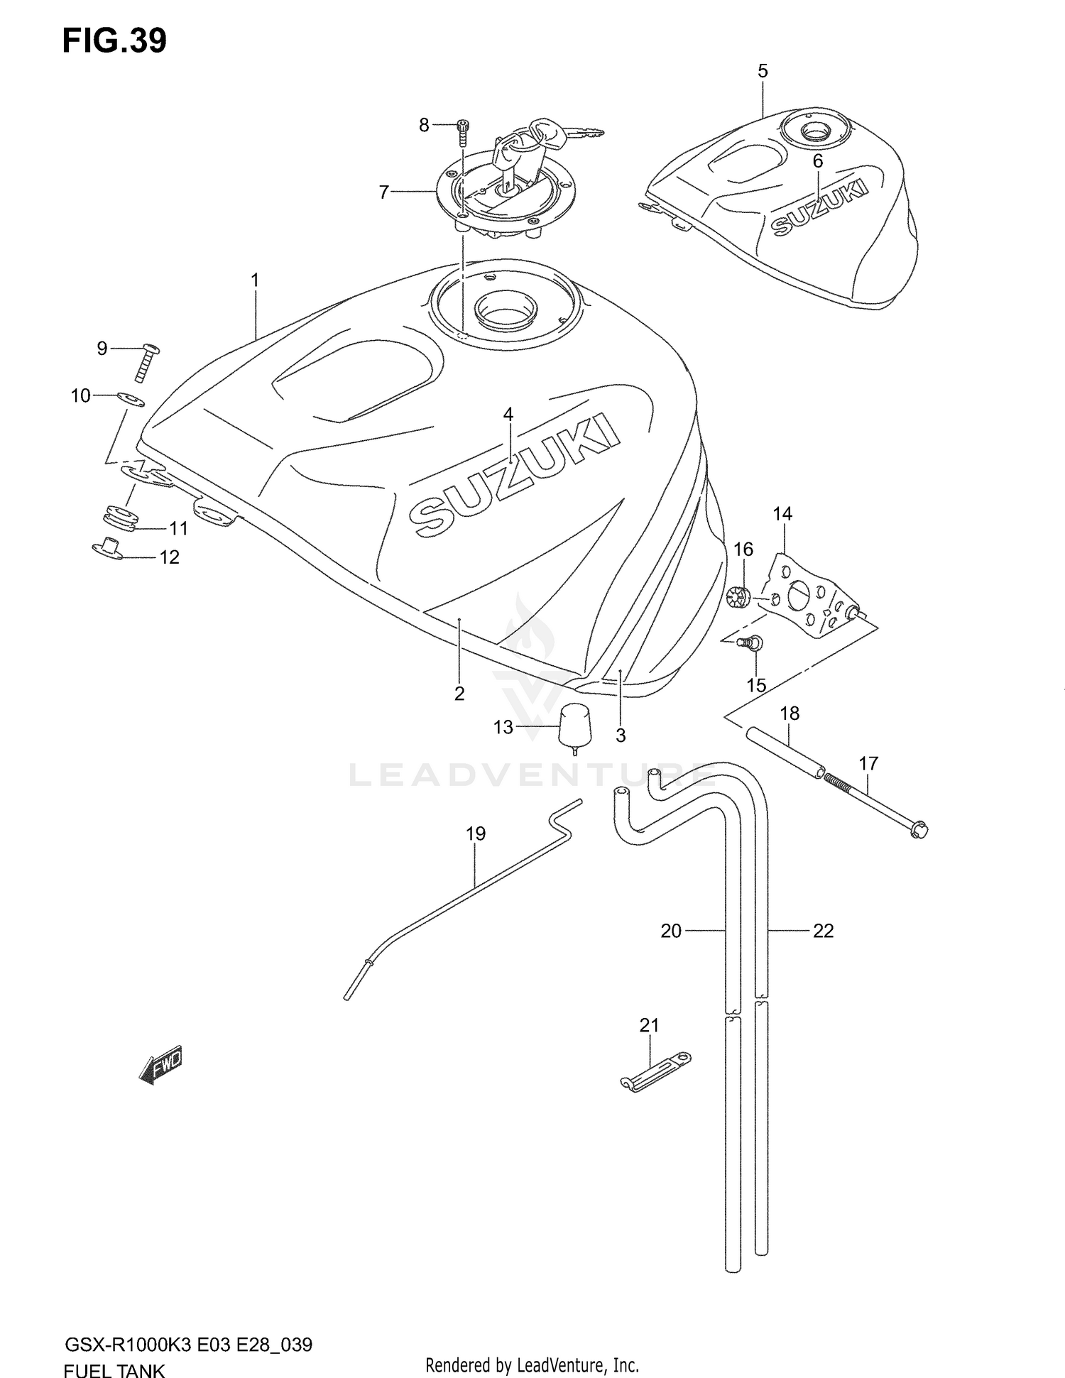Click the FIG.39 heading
[114, 41]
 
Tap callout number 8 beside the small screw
[424, 126]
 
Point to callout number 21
[649, 1025]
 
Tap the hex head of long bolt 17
[919, 829]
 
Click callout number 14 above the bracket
[782, 513]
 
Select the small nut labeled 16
[738, 598]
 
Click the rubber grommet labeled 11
[121, 518]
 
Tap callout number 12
[169, 557]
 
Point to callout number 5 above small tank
[763, 71]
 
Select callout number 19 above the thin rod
[476, 833]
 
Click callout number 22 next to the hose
[823, 930]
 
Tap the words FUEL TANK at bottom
[114, 1369]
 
